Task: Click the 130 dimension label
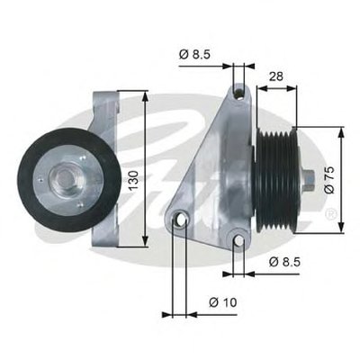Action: pos(134,180)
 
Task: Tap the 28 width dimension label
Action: pos(275,76)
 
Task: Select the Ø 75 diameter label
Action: pos(329,180)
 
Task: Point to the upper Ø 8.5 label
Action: pos(195,54)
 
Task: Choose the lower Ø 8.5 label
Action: pos(284,262)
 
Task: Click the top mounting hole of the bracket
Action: pos(239,94)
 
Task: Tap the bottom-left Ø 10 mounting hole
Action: pos(180,219)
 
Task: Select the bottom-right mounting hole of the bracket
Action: pos(239,240)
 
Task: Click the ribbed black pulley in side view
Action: pos(276,180)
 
